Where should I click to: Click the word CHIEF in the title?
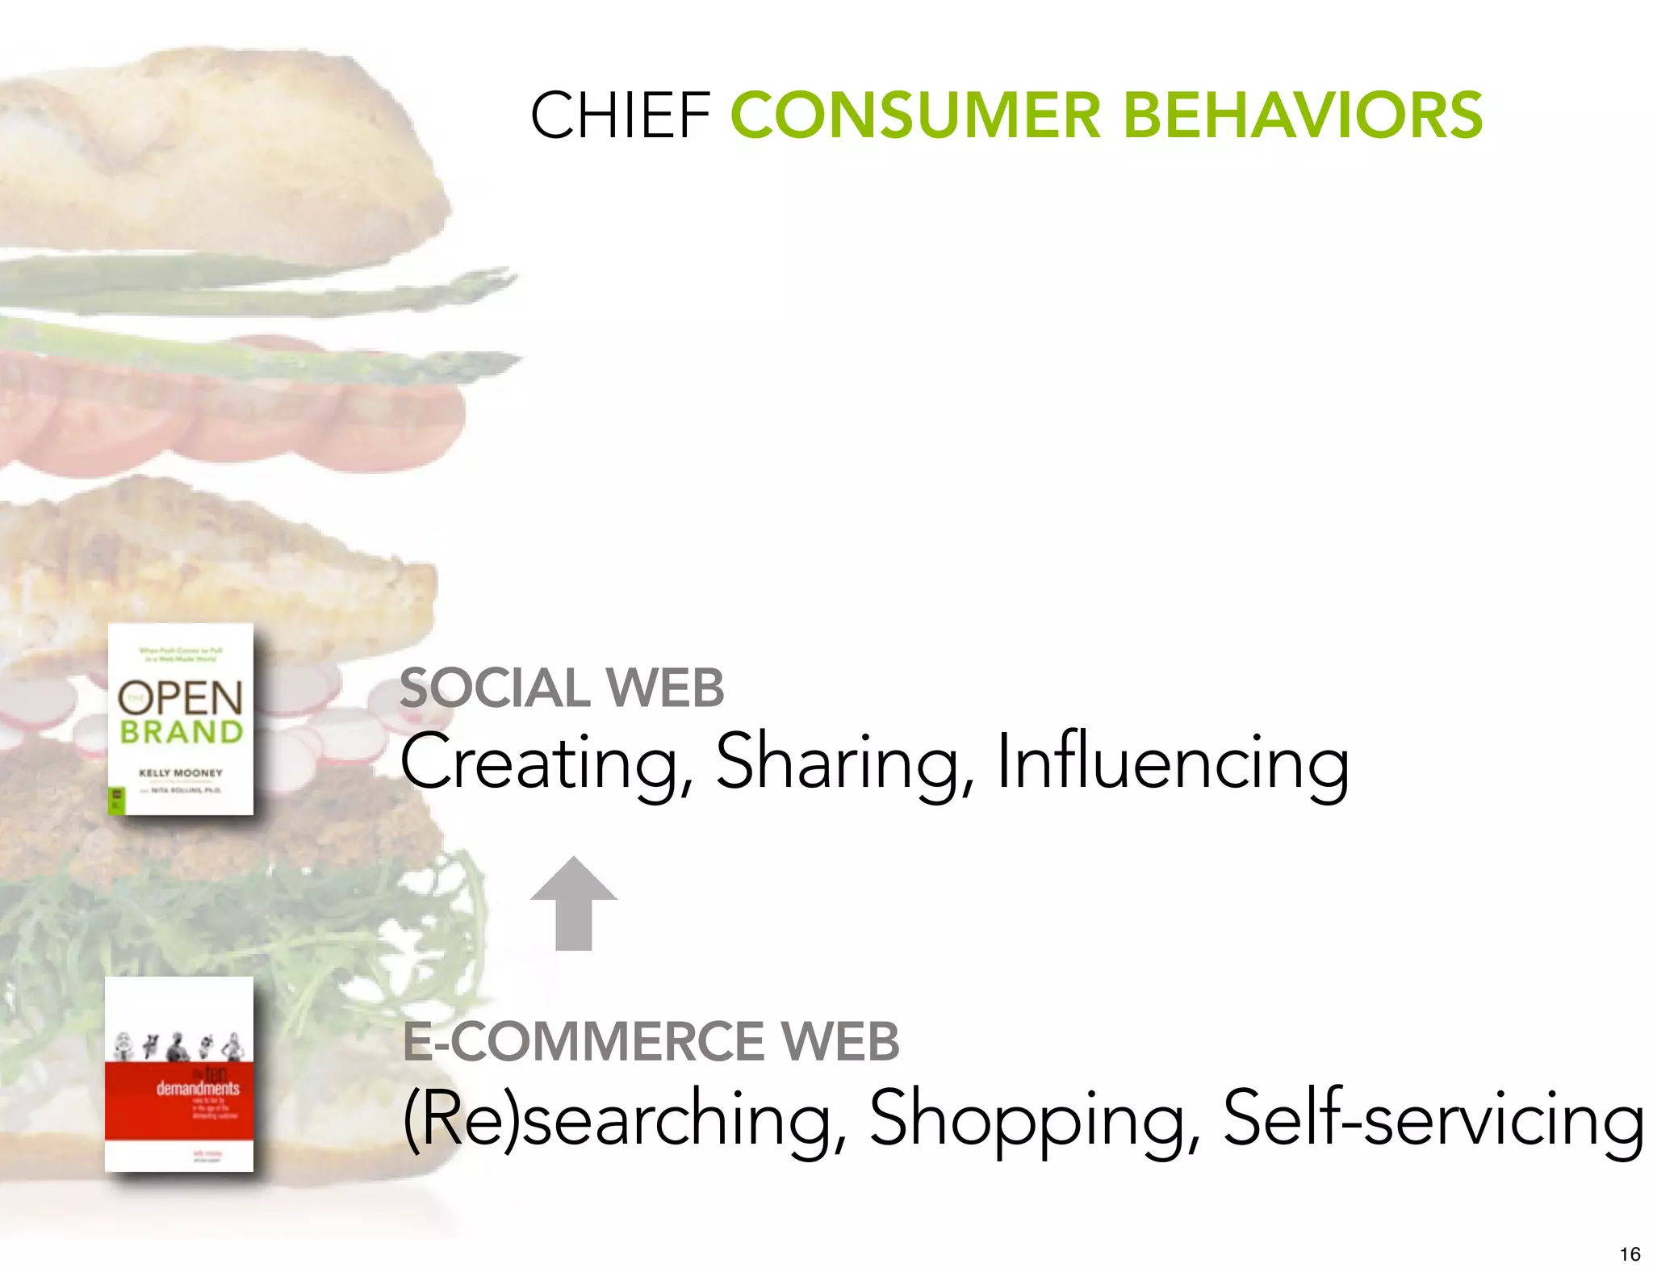620,115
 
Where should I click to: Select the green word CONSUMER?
915,115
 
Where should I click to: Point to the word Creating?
539,763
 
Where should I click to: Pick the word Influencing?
1172,763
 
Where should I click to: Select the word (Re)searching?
617,1119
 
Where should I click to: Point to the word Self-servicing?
1433,1119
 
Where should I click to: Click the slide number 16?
1630,1253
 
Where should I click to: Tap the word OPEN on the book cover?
180,698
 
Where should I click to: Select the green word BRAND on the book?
182,733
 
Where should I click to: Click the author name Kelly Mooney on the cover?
180,772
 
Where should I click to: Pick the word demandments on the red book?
198,1089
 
